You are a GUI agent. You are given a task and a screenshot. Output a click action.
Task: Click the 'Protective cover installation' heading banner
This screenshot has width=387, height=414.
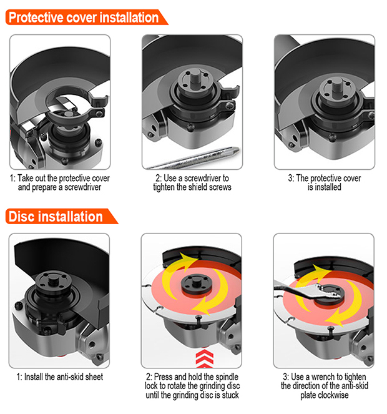[x=84, y=17]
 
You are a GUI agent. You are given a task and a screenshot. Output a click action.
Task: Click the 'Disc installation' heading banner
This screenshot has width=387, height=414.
[x=56, y=217]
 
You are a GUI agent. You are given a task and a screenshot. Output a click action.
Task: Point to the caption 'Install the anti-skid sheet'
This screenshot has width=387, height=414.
[x=60, y=377]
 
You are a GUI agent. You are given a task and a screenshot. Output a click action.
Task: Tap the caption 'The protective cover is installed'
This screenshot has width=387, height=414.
[x=324, y=182]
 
